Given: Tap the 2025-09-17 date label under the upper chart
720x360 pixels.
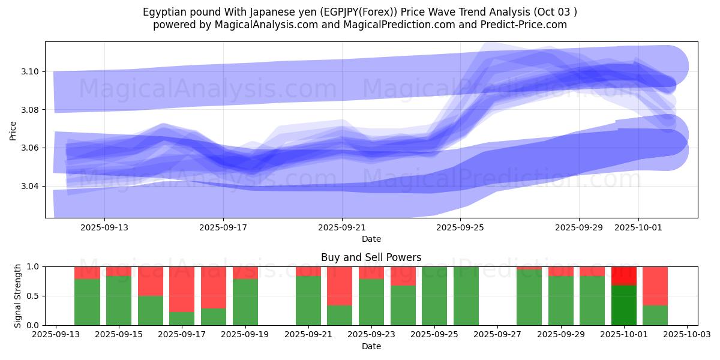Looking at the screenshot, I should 223,228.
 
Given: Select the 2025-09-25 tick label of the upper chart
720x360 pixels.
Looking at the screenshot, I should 460,228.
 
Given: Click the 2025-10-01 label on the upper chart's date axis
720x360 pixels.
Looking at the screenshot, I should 638,228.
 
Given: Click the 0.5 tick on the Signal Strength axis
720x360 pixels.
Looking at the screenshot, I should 32,296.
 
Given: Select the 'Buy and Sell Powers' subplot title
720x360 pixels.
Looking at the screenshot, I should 371,257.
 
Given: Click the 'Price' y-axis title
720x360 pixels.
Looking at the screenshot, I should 13,130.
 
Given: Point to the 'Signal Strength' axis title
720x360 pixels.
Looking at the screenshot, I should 18,296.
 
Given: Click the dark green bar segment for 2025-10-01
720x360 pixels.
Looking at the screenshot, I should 624,305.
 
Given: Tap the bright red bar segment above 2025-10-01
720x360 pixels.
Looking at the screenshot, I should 624,275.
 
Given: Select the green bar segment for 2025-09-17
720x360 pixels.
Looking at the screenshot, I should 182,319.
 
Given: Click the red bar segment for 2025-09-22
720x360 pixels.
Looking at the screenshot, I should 340,286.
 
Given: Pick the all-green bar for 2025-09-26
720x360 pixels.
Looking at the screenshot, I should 466,296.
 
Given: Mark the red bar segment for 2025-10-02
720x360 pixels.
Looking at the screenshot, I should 655,286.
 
